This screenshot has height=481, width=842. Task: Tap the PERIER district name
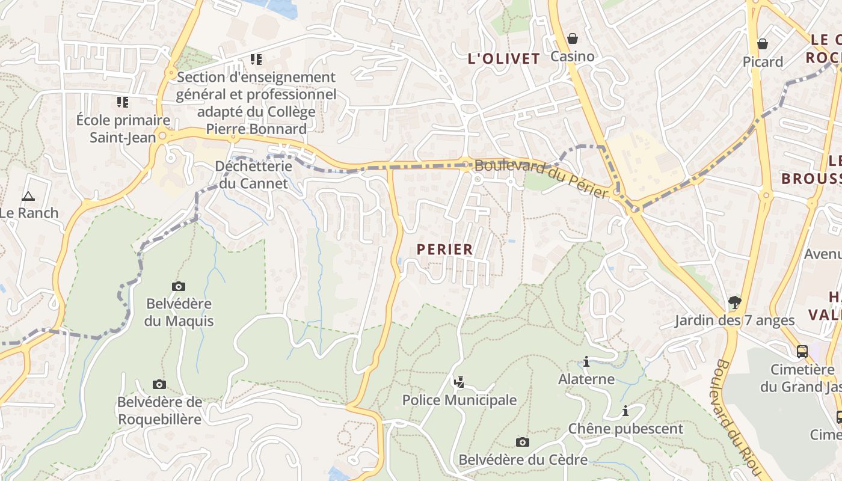[x=444, y=250]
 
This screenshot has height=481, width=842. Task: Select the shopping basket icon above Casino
[x=573, y=39]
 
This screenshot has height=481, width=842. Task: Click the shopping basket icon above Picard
[x=762, y=44]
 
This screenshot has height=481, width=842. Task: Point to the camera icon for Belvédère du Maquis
[x=179, y=286]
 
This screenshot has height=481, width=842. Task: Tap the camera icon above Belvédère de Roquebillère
[x=159, y=384]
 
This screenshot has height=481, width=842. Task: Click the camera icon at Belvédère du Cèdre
[x=523, y=442]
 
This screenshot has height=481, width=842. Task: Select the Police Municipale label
[x=459, y=400]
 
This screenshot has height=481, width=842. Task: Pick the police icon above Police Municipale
[x=459, y=382]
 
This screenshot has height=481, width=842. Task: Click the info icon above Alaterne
[x=586, y=361]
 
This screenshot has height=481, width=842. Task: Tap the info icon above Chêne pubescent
[x=625, y=411]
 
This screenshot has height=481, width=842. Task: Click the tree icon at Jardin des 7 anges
[x=734, y=302]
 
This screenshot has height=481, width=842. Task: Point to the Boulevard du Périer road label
[x=542, y=179]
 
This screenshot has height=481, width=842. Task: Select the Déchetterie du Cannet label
[x=253, y=174]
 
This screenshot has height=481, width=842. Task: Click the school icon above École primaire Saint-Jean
[x=123, y=102]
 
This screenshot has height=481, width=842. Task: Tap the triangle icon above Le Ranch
[x=28, y=196]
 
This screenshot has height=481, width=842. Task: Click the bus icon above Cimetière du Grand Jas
[x=802, y=351]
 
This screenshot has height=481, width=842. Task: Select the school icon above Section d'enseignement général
[x=256, y=60]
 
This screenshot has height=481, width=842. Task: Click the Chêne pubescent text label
[x=625, y=429]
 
